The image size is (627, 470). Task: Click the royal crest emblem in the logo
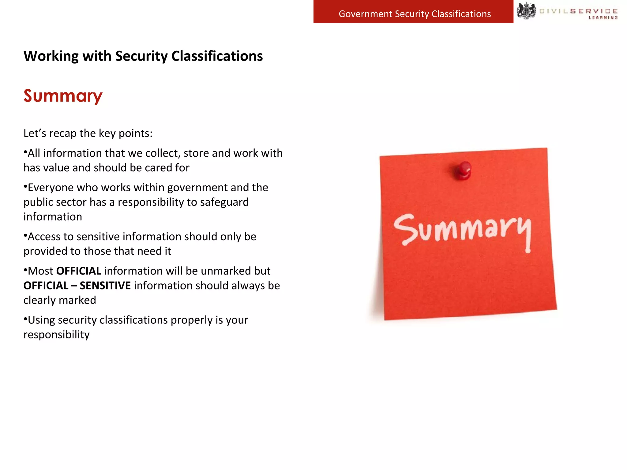[526, 11]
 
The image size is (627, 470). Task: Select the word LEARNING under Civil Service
[603, 18]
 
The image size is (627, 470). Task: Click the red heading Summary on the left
[63, 96]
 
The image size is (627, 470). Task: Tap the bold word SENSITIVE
[105, 286]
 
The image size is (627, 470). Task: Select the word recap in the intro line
[63, 134]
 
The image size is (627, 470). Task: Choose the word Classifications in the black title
[217, 56]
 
